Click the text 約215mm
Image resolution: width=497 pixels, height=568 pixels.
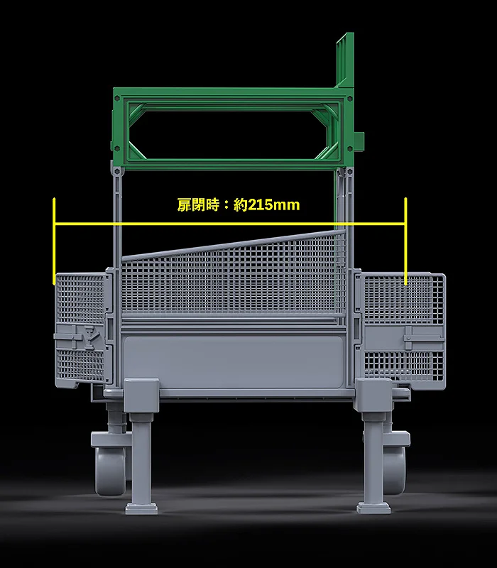pyautogui.click(x=266, y=206)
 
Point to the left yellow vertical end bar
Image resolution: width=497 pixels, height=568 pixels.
pyautogui.click(x=54, y=241)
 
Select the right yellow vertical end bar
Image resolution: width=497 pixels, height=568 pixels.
pyautogui.click(x=406, y=241)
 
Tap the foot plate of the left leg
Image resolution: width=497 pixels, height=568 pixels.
pyautogui.click(x=141, y=507)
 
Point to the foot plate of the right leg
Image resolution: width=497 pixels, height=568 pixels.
pyautogui.click(x=373, y=507)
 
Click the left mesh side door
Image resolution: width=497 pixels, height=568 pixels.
pyautogui.click(x=80, y=327)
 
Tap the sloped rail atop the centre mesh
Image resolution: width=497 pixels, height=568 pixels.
pyautogui.click(x=234, y=246)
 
